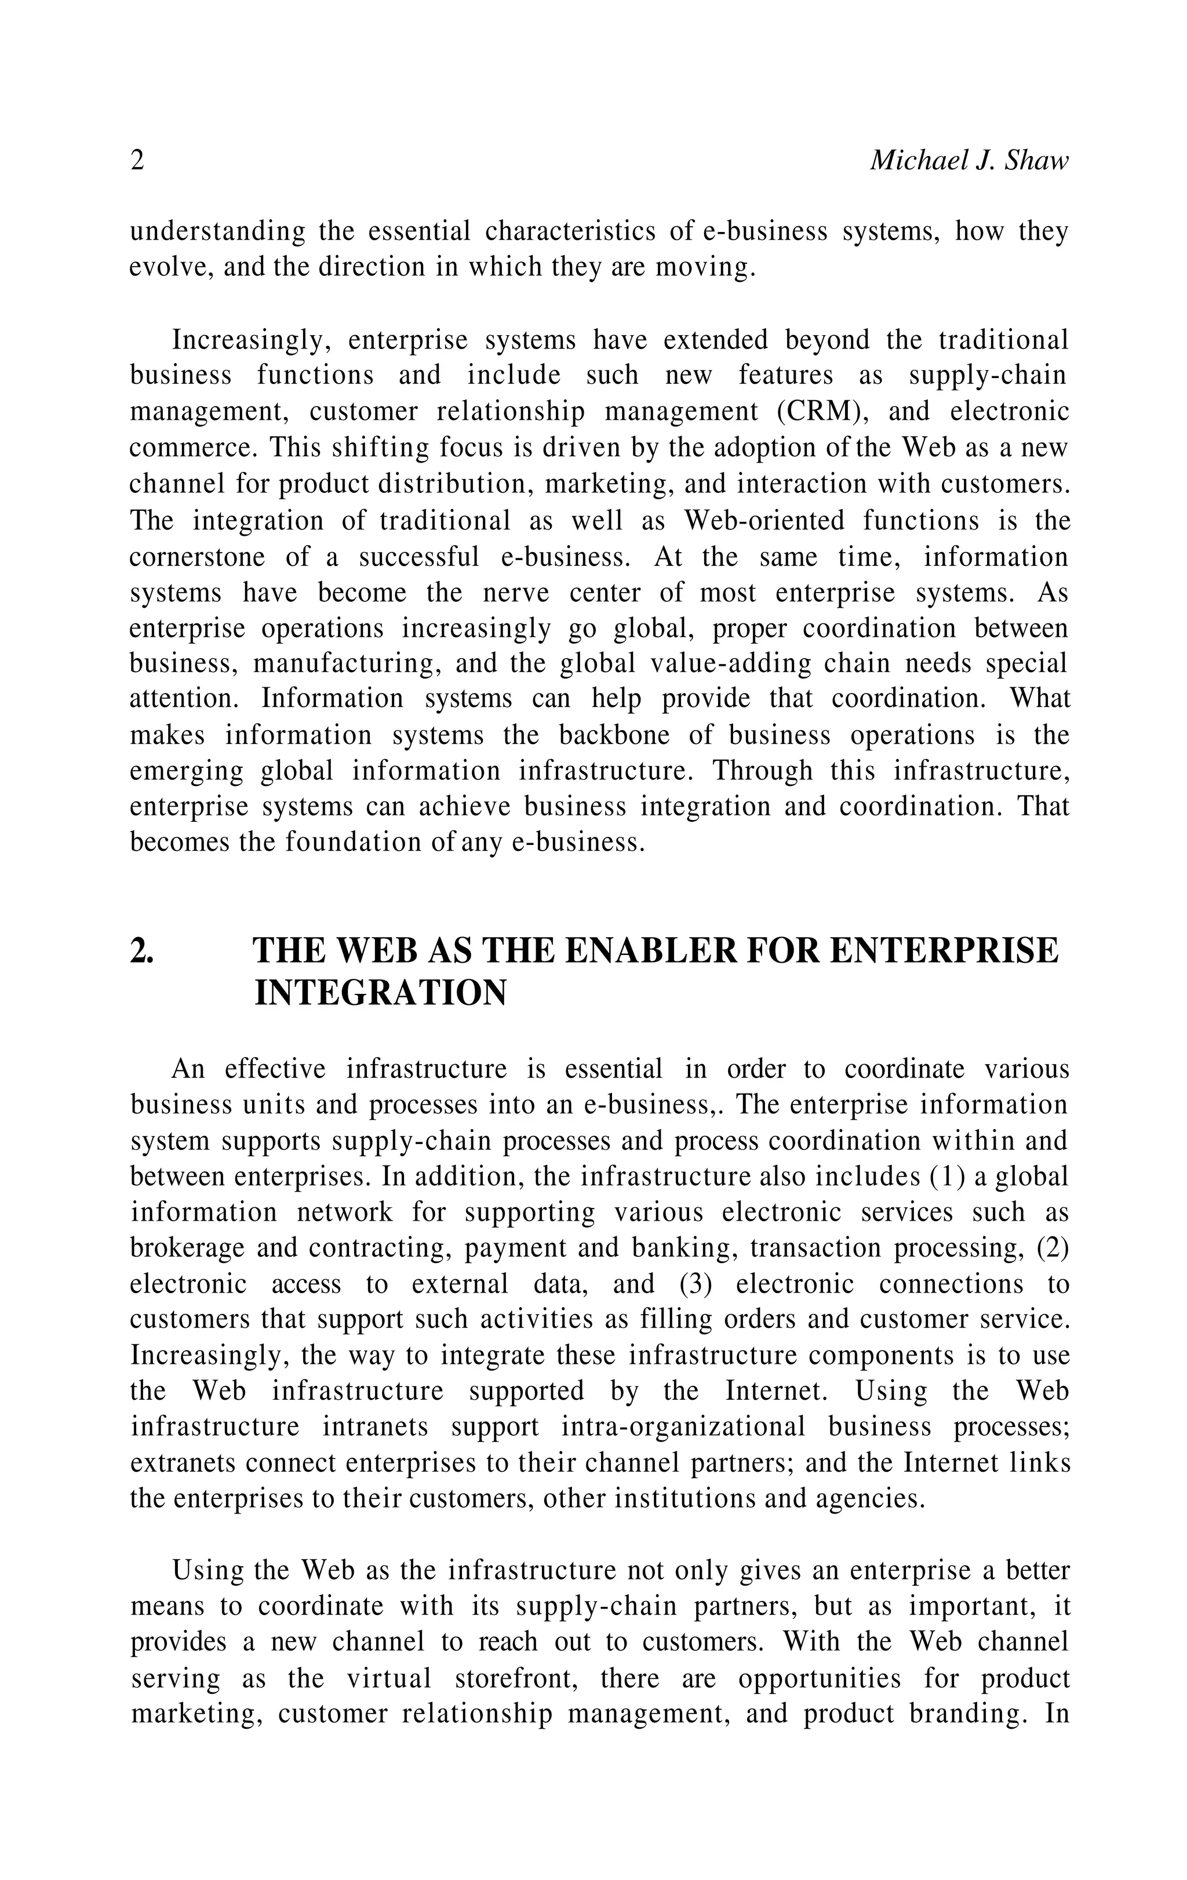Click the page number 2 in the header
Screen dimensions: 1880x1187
click(x=137, y=161)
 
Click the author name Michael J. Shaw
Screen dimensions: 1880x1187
click(x=968, y=161)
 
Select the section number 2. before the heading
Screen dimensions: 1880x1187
click(x=141, y=951)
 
